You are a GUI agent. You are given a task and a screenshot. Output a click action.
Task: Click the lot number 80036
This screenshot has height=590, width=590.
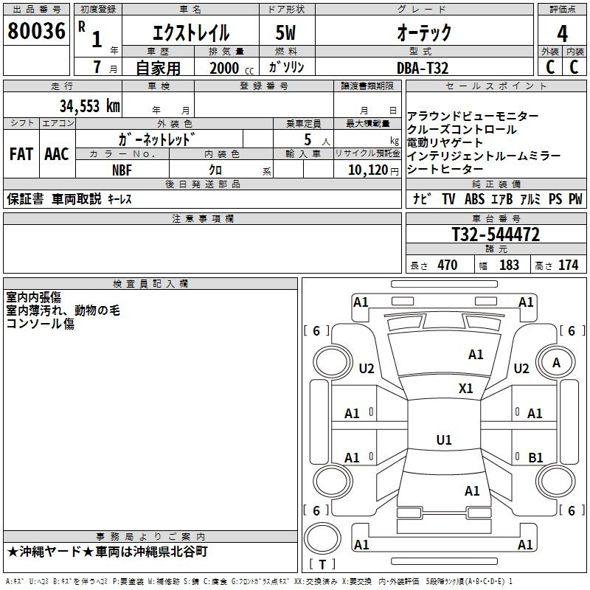36,31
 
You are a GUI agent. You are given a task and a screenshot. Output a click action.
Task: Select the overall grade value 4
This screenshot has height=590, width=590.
562,34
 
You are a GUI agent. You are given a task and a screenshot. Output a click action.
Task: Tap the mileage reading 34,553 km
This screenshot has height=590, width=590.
90,106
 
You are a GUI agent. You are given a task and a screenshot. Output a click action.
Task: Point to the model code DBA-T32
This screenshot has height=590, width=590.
423,68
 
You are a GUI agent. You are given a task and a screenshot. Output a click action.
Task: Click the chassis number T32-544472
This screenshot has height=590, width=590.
496,235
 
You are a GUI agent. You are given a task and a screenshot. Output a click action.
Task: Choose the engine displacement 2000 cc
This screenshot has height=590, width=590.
232,68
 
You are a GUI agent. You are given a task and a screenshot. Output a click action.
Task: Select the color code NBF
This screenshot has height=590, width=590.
122,170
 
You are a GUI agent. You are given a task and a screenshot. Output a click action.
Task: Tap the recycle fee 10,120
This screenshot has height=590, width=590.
368,170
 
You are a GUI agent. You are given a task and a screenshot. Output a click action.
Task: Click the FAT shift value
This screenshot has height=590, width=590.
21,154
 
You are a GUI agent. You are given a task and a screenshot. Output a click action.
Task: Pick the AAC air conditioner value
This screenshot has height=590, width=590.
57,154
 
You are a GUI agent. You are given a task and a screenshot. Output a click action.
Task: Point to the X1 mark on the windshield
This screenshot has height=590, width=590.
466,388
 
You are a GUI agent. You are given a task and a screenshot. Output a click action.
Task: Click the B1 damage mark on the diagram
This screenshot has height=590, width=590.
535,457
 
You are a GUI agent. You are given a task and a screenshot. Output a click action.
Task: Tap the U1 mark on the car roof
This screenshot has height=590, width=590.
444,440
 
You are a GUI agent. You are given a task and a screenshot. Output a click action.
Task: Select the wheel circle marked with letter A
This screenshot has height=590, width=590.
556,362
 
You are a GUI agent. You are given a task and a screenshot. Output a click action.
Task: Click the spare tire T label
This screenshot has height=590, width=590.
322,564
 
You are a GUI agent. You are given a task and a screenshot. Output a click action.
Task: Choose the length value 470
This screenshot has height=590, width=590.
448,265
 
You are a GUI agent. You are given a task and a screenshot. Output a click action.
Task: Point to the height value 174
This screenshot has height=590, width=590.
568,265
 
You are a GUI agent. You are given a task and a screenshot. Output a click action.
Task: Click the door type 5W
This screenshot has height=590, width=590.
285,32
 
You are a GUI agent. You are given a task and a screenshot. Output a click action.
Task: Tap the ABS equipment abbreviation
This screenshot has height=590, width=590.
474,198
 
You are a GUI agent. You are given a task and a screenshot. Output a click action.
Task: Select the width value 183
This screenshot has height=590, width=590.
509,265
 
